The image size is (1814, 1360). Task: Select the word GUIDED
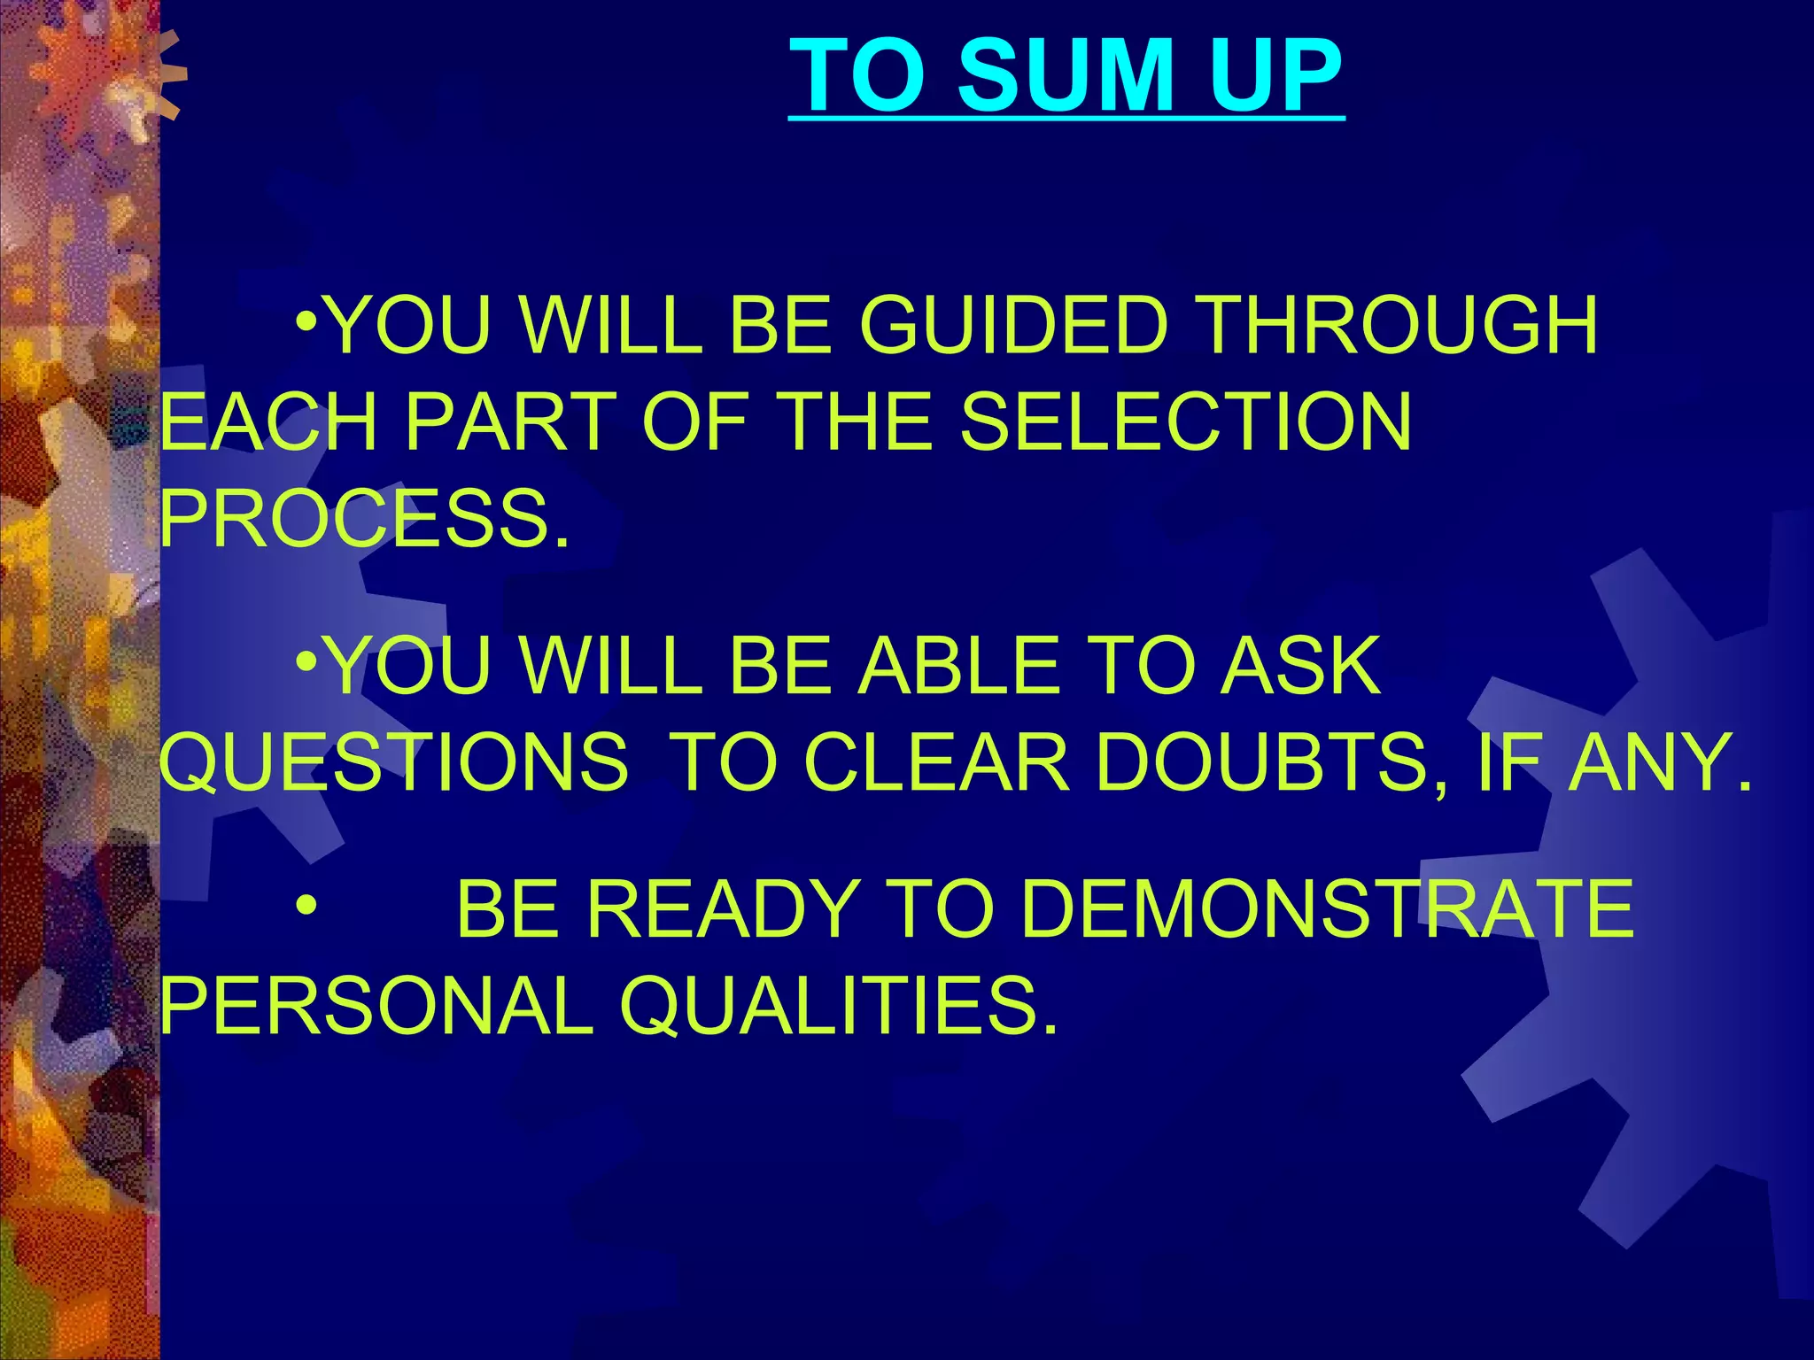point(1013,326)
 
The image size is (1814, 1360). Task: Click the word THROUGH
point(1399,326)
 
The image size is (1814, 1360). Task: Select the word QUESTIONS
point(394,761)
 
